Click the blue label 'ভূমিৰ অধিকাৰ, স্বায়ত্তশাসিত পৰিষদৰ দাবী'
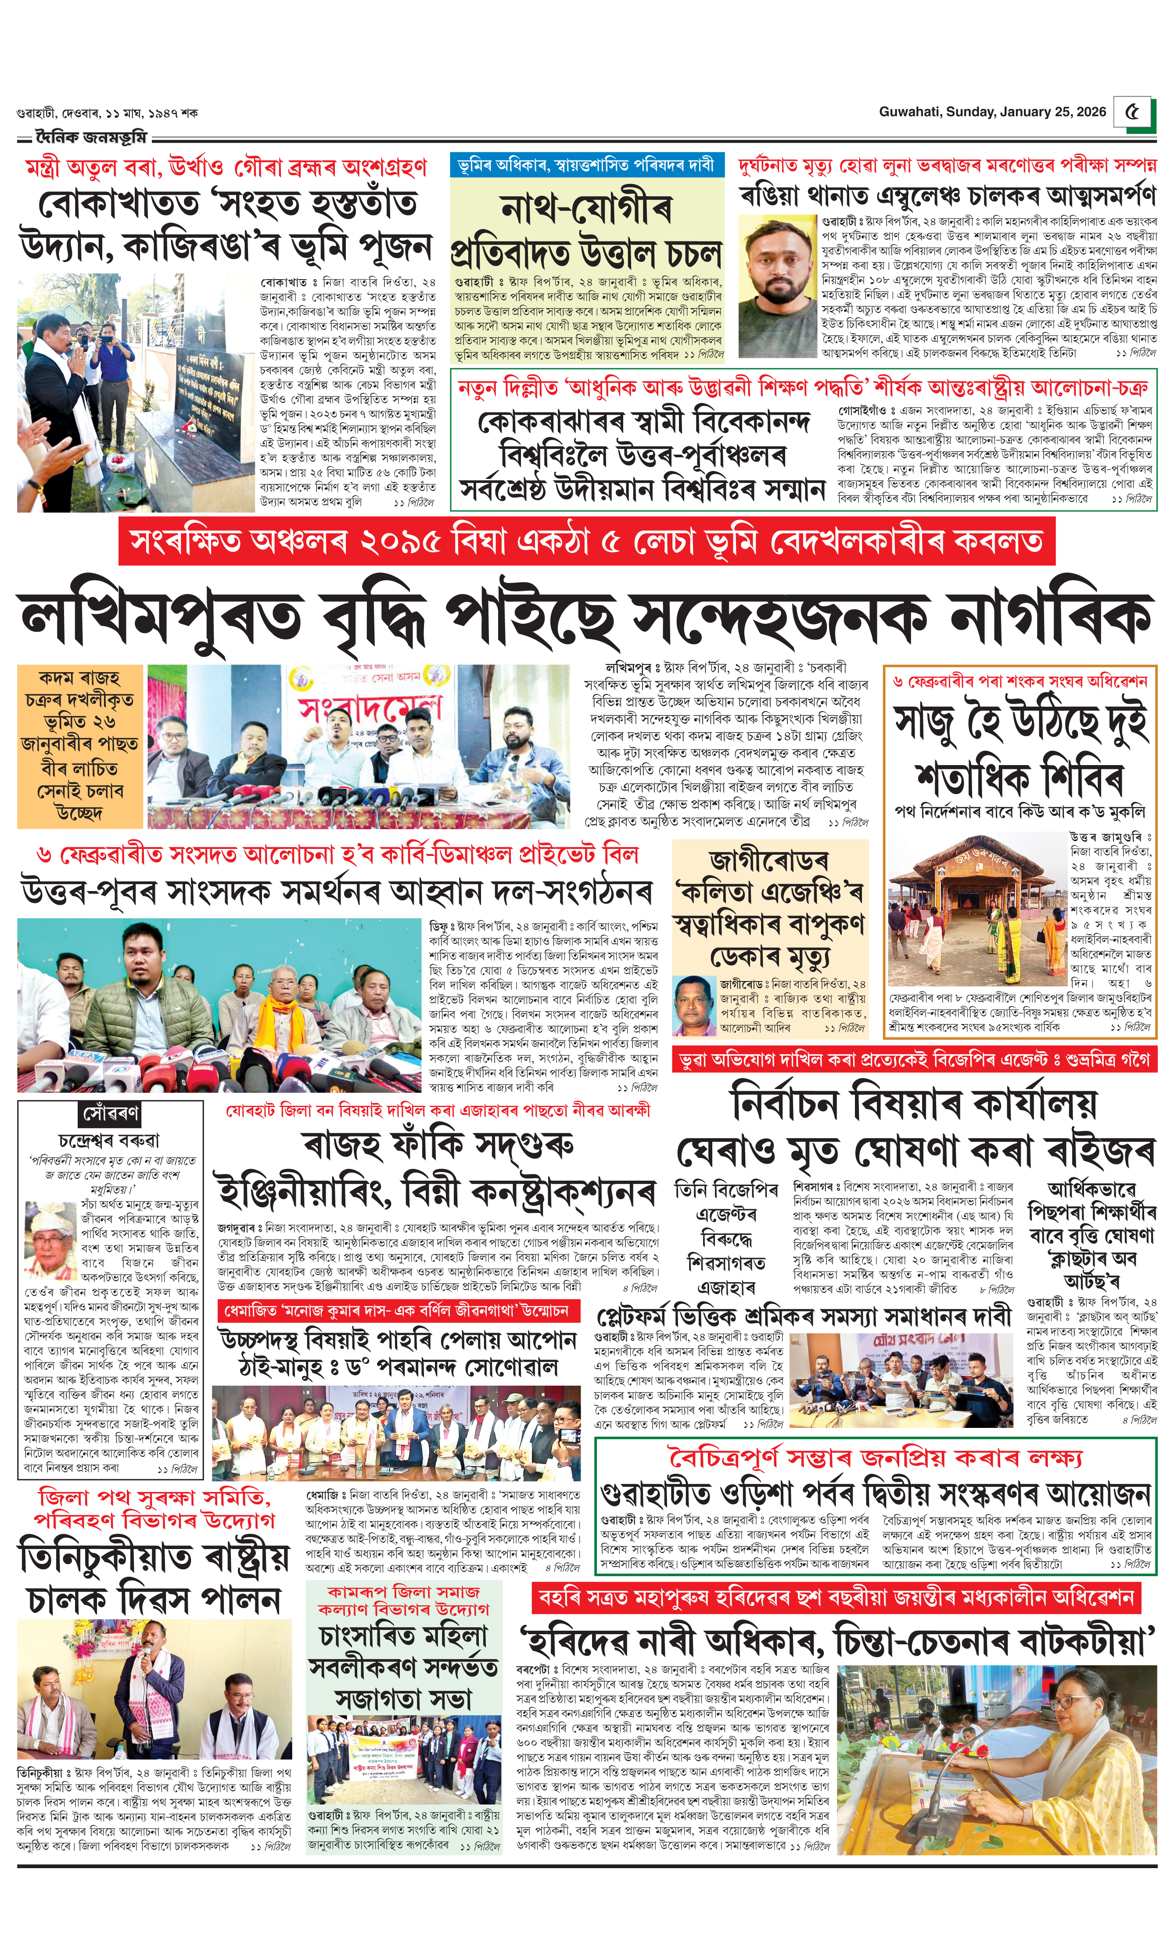tap(586, 165)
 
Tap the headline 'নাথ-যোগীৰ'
tap(586, 209)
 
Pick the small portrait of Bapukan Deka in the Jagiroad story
tap(694, 1006)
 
